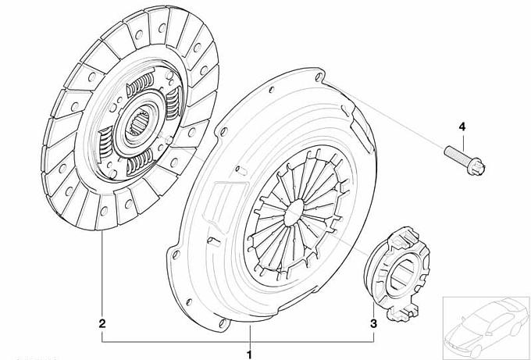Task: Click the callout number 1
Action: pos(250,355)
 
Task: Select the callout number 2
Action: pos(102,323)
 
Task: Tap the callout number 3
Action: pos(373,323)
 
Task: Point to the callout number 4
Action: pos(462,127)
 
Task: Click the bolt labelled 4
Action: pos(465,160)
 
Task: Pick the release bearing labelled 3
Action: pos(396,273)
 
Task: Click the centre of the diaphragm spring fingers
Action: pos(294,212)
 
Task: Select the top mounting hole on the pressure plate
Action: pos(319,77)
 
